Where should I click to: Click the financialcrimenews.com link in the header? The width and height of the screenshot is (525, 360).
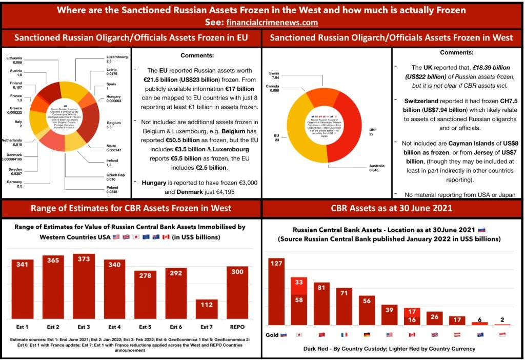tap(272, 23)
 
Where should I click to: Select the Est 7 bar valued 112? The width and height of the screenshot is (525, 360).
tap(207, 309)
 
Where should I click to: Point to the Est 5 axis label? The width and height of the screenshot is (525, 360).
tap(145, 326)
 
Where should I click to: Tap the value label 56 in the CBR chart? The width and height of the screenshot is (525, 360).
tap(367, 301)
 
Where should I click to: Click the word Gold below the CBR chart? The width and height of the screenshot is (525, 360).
tap(272, 334)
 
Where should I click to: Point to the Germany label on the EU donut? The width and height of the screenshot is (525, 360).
tap(14, 183)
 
